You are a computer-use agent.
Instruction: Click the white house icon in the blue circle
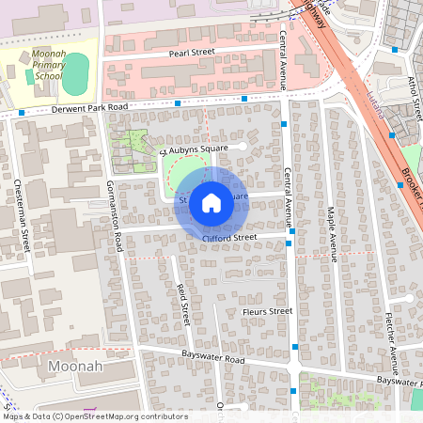[x=211, y=202]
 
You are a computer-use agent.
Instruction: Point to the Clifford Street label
[x=228, y=238]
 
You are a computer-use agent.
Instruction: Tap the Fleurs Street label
[x=268, y=310]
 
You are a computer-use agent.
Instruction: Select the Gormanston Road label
[x=115, y=215]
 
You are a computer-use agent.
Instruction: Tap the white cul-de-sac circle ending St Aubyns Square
[x=243, y=147]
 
